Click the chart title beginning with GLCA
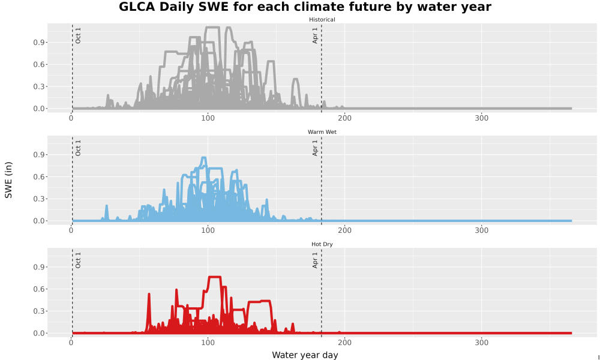(x=305, y=7)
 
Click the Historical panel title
(x=322, y=20)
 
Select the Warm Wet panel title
(x=322, y=132)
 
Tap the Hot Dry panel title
(x=322, y=244)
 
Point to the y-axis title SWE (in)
(x=8, y=180)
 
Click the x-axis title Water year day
(x=305, y=355)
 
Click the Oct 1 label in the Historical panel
(x=78, y=35)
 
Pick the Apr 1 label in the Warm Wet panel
(x=315, y=148)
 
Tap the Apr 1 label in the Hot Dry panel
(x=315, y=260)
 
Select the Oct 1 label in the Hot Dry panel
(x=78, y=260)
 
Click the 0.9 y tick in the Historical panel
(x=38, y=43)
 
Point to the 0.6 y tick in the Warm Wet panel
(x=38, y=177)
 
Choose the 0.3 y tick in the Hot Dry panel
(x=38, y=311)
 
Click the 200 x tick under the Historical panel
(x=345, y=118)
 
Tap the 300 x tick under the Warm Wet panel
(x=481, y=230)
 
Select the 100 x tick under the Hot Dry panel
(x=208, y=343)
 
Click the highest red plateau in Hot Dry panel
(x=214, y=277)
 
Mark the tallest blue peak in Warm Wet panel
(x=204, y=158)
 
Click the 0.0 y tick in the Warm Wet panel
(x=38, y=221)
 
